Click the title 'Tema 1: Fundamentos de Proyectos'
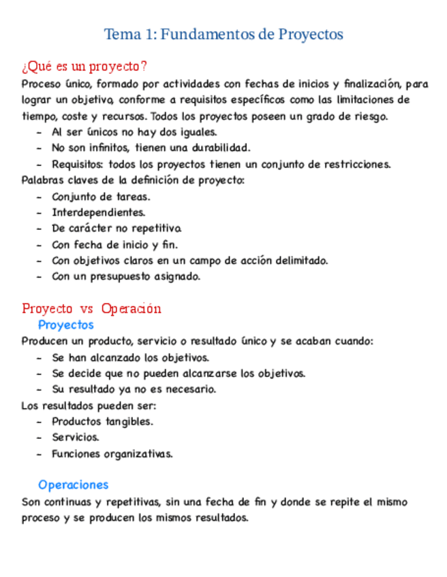(x=223, y=34)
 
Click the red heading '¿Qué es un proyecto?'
(x=84, y=67)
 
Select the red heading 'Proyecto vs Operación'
(x=91, y=309)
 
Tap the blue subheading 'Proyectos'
(x=65, y=325)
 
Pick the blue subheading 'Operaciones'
(x=73, y=485)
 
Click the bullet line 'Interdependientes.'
(x=98, y=212)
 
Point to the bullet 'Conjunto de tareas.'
(x=101, y=197)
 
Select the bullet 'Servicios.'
(x=76, y=438)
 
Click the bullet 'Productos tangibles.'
(x=102, y=421)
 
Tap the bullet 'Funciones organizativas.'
(x=112, y=454)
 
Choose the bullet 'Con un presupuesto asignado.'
(x=126, y=277)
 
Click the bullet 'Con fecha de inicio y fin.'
(x=114, y=244)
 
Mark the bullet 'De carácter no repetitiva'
(x=116, y=229)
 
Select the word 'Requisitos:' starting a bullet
(x=77, y=164)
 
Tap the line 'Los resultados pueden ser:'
(x=89, y=406)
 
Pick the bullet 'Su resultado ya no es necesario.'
(x=134, y=389)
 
